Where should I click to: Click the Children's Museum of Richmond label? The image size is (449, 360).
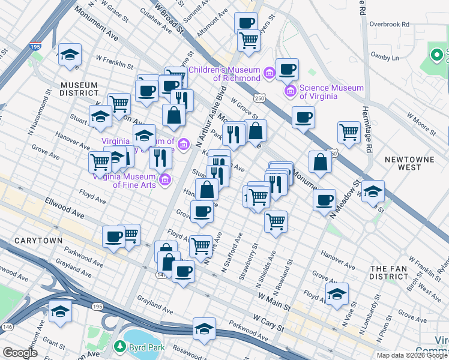pos(225,70)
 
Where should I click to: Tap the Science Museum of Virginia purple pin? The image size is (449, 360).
pos(291,91)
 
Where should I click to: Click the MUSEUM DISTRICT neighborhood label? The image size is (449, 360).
pos(79,88)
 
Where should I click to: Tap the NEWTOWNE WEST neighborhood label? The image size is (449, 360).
pos(403,163)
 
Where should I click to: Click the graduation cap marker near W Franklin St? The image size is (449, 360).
pos(70,54)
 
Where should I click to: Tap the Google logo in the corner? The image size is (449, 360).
pos(20,353)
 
